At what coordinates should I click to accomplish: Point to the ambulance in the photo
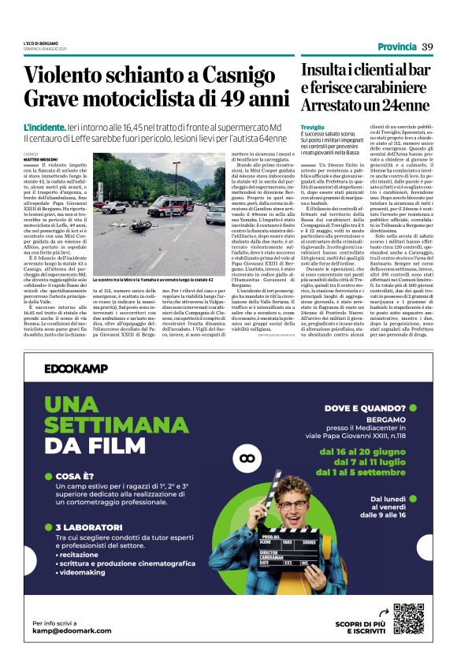click(170, 206)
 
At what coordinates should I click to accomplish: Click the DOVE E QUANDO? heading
click(365, 407)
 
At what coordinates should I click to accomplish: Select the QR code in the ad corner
click(408, 619)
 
